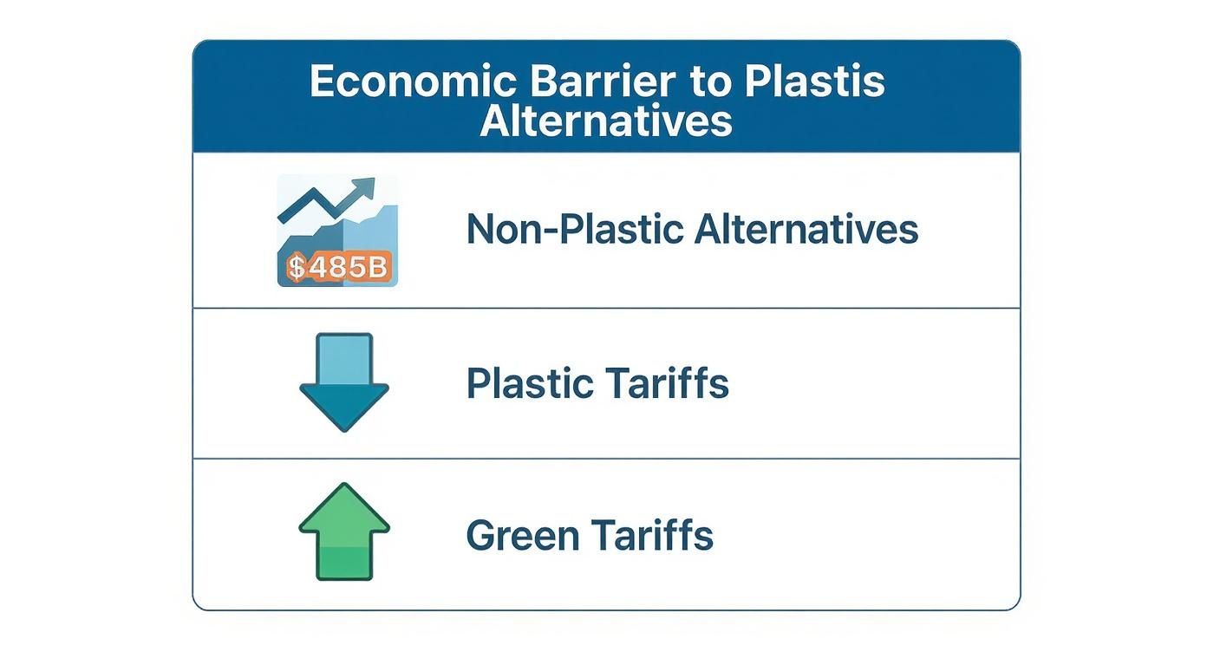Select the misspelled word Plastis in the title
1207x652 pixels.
point(814,81)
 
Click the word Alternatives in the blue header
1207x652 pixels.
point(606,121)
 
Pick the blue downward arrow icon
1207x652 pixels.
point(344,382)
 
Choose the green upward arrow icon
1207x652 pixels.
point(344,531)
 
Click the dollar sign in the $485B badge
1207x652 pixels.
point(297,267)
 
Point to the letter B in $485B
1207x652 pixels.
point(376,267)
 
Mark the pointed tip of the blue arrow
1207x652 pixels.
point(344,429)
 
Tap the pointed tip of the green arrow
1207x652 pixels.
point(344,486)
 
